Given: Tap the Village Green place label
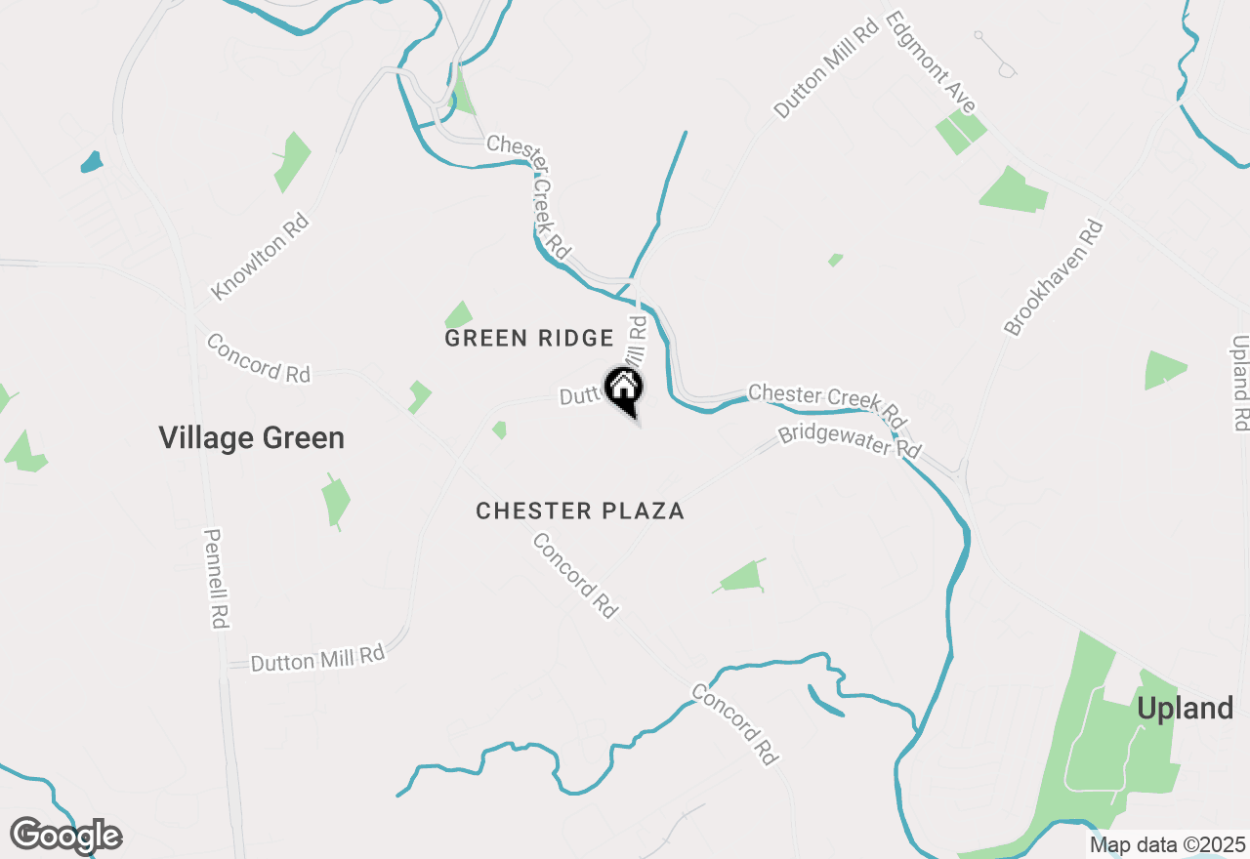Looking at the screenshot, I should (252, 438).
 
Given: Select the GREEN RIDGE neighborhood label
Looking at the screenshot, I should (529, 339).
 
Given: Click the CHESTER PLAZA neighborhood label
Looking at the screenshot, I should (580, 511).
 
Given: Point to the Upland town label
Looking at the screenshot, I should (1186, 709).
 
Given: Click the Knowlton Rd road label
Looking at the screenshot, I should (260, 257).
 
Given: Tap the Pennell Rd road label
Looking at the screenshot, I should (217, 579).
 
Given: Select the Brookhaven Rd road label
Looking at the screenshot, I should (1054, 278).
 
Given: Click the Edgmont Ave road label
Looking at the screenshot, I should (932, 62).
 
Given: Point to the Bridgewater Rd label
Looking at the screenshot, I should (850, 442).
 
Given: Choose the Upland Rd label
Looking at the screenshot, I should (1240, 383).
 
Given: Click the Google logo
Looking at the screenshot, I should (65, 837).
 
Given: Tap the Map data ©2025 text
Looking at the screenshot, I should (1167, 844).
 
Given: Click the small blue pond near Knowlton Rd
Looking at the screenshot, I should (91, 161).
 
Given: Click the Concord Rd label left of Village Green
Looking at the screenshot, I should (259, 358).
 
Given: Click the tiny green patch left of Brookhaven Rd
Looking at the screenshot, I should (835, 260).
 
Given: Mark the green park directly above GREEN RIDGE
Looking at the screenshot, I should (459, 315).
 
